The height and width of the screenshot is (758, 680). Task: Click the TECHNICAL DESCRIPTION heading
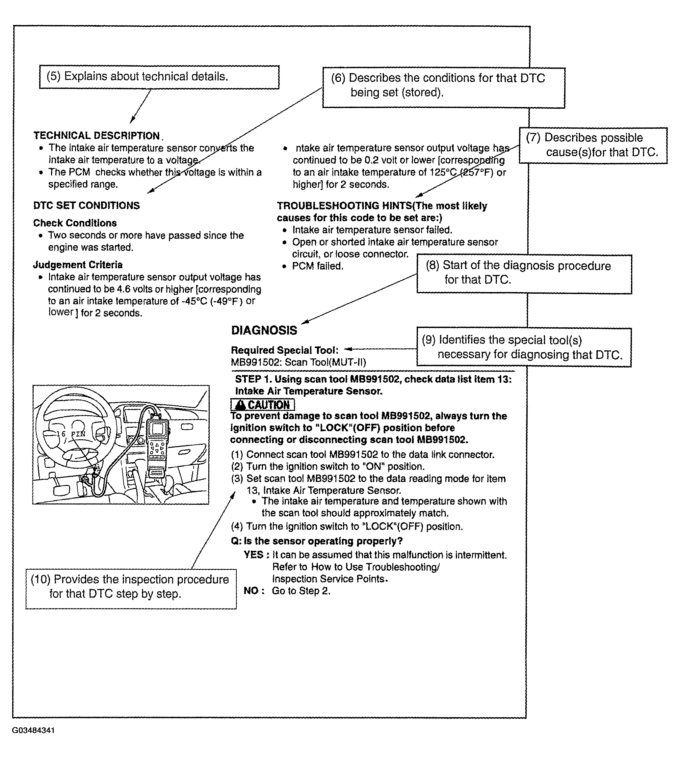click(x=97, y=135)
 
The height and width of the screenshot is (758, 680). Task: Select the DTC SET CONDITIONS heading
click(x=86, y=205)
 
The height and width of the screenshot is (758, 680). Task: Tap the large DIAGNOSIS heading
click(x=264, y=330)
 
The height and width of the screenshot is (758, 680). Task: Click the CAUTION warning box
click(x=263, y=405)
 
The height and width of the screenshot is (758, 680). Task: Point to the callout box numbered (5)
click(x=159, y=77)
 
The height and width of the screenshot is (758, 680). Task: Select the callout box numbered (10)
click(x=131, y=587)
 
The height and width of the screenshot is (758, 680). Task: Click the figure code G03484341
click(x=33, y=730)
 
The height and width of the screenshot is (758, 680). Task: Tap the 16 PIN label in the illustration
click(x=71, y=434)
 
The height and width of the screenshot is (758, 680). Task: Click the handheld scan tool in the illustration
click(x=157, y=447)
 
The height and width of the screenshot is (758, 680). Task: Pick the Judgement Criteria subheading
click(x=78, y=265)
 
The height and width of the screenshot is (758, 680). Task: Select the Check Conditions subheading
click(x=75, y=223)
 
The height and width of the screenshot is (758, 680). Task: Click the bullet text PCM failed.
click(x=318, y=266)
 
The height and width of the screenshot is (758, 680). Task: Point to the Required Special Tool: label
click(x=285, y=350)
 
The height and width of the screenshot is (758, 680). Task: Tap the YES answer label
click(x=255, y=555)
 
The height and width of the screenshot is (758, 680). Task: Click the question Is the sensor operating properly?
click(x=317, y=541)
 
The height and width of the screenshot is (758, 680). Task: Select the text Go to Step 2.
click(x=301, y=591)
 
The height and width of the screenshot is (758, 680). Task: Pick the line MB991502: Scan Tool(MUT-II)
click(x=299, y=362)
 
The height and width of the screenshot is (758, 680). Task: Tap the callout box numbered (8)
click(x=524, y=274)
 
